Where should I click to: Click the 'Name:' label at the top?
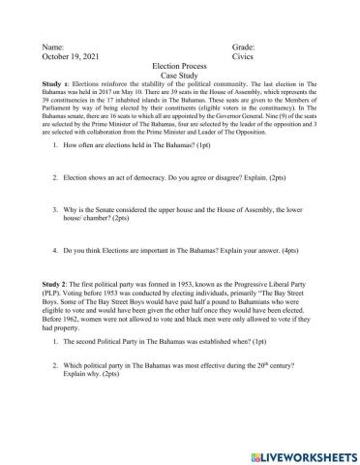[55, 46]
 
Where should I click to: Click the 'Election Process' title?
[181, 68]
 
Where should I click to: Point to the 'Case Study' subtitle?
[181, 78]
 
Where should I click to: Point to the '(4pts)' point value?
[275, 248]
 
